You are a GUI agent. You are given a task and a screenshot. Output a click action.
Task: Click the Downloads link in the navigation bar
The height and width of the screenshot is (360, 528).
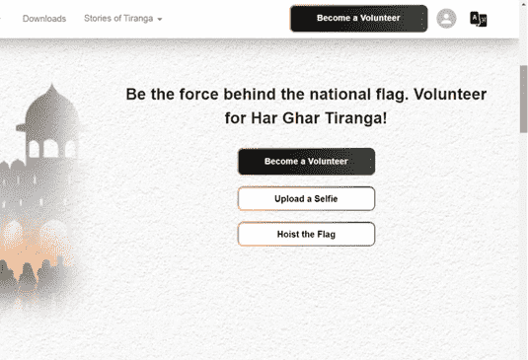tap(43, 19)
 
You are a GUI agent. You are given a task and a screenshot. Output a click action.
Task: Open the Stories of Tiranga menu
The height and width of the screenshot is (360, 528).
tap(118, 19)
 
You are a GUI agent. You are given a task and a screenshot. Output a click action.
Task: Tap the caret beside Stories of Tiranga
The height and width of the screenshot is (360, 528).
tap(160, 20)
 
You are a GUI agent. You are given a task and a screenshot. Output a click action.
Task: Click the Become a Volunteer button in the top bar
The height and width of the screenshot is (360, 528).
tap(358, 19)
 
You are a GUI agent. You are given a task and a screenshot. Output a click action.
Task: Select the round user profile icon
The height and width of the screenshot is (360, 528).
tap(446, 19)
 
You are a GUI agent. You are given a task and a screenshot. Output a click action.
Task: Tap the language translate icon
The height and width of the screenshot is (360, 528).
tap(479, 19)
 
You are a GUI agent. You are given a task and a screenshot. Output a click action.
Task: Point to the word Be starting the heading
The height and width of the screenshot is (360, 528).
tap(137, 95)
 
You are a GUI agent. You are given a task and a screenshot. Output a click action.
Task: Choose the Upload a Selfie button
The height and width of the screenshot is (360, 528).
tap(306, 198)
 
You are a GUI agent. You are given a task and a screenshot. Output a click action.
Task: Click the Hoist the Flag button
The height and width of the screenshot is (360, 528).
tap(306, 234)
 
